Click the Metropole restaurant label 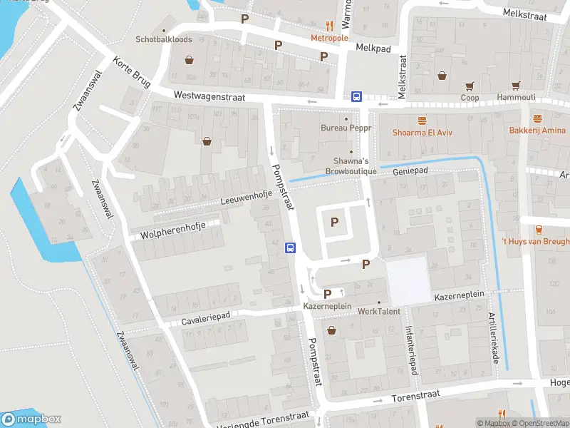[x=328, y=37]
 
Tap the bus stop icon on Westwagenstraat [x=356, y=97]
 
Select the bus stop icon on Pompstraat [x=291, y=248]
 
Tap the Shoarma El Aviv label [x=423, y=132]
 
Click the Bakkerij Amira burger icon [x=537, y=118]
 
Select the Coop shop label [x=469, y=98]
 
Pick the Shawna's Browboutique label [x=347, y=166]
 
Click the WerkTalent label [x=379, y=312]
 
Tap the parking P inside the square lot [x=333, y=223]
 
